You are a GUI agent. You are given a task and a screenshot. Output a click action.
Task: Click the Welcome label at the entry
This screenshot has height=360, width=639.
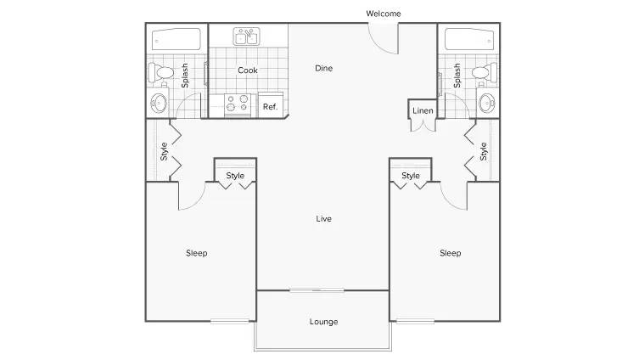point(383,14)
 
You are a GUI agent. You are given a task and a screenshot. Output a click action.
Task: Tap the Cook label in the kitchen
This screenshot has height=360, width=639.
point(248,70)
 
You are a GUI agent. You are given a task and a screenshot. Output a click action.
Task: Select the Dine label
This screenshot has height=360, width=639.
point(323,68)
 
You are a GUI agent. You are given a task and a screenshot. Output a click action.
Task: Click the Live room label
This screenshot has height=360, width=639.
point(323,218)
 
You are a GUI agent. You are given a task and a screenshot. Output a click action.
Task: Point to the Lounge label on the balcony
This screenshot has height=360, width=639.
point(323,321)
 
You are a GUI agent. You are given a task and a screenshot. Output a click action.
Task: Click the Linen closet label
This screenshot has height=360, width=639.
point(423,110)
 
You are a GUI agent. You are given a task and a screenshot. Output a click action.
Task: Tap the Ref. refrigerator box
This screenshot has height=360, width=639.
point(270,105)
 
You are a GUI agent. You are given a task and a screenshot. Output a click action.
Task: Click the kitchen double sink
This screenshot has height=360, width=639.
point(247,37)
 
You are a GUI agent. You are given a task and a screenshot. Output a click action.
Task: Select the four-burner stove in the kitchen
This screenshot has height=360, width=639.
point(238,104)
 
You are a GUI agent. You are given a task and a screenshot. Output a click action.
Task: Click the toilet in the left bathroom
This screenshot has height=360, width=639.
point(161,72)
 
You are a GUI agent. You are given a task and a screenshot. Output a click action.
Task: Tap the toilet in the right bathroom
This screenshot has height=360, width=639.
point(485,72)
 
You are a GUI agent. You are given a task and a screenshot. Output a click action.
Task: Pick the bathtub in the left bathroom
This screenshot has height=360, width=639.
point(177,39)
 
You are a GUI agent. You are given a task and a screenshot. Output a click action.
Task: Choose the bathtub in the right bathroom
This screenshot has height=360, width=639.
point(469,39)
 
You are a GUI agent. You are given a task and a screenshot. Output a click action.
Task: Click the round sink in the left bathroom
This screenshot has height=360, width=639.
point(159,103)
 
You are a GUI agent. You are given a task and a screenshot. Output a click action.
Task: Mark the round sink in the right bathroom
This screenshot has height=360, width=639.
point(486,103)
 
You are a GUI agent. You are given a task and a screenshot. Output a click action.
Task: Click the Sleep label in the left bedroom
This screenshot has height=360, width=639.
point(196,253)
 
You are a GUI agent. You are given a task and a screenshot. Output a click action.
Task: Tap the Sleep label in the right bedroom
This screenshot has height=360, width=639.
point(451,253)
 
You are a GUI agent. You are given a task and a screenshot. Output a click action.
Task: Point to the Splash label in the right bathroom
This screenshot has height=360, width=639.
point(457,76)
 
